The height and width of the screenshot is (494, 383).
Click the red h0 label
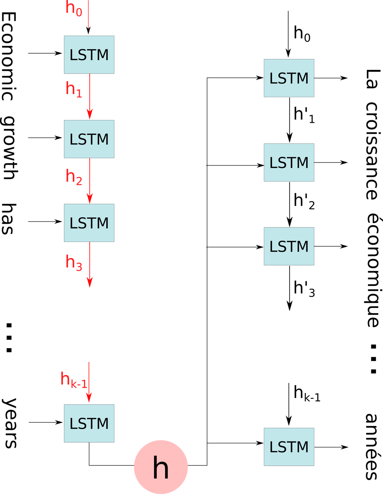pos(74,8)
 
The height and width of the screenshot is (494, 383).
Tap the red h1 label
pos(74,89)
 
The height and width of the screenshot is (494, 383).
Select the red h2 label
pos(74,177)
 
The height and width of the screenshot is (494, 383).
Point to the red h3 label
pos(74,262)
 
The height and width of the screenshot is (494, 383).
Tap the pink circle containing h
pos(161,467)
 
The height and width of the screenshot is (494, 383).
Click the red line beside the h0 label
pos(88,15)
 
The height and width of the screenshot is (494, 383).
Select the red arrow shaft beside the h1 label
pos(89,92)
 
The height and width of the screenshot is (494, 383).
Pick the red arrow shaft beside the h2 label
pos(89,176)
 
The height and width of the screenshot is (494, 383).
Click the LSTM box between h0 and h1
pos(89,55)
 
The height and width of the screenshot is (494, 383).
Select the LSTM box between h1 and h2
pos(89,139)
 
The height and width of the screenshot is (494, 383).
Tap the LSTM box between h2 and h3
pos(89,223)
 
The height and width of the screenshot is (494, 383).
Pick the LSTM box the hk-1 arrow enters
pos(89,423)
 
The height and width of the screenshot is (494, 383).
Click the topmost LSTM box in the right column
pos(289,78)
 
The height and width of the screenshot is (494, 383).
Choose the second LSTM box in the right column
pos(289,162)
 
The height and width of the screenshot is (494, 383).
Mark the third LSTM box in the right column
pos(289,246)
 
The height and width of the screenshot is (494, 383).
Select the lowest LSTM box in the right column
pos(289,447)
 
